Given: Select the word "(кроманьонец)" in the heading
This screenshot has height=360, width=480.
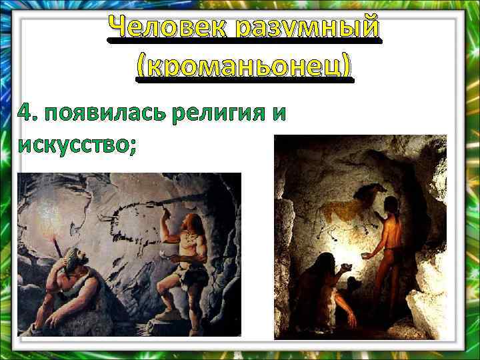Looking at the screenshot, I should point(243,67).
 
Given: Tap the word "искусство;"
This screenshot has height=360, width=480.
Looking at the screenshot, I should point(77,142).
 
